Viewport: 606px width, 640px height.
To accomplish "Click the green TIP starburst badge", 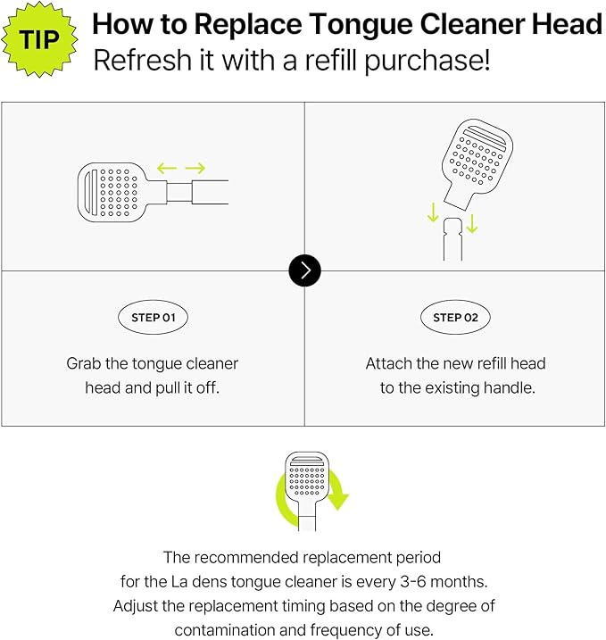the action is tap(39, 39).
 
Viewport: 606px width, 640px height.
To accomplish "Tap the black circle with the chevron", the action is tap(305, 270).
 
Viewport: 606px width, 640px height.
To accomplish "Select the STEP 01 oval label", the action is tap(153, 317).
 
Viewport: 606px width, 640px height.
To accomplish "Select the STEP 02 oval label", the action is tap(455, 317).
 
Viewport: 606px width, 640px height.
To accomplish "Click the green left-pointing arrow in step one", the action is tap(167, 168).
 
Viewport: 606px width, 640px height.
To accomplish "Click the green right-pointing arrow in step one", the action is tap(195, 168).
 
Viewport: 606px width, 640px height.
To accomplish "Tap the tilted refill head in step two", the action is tap(477, 163).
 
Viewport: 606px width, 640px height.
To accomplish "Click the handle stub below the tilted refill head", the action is tap(452, 239).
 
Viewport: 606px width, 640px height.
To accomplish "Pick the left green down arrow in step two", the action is tap(433, 212).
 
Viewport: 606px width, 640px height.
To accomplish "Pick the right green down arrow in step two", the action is tap(472, 224).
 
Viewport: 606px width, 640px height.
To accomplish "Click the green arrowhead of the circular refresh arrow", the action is tap(337, 501).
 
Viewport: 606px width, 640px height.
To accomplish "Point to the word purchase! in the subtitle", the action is tap(427, 62).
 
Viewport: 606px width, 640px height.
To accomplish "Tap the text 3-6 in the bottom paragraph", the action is tap(413, 581).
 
